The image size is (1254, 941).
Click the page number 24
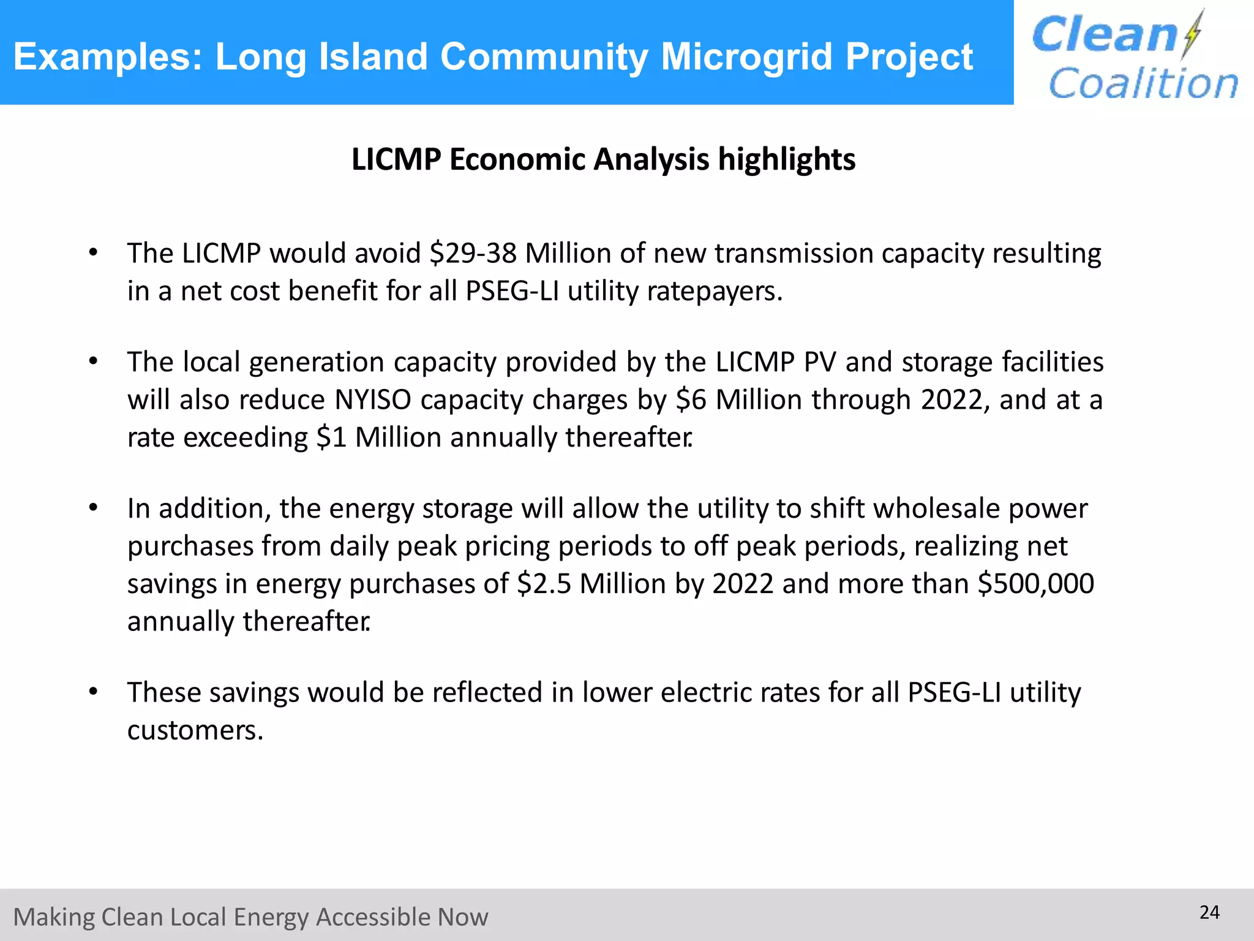[x=1209, y=913]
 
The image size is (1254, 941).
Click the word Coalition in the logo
[x=1143, y=83]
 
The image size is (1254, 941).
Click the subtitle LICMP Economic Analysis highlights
[x=603, y=159]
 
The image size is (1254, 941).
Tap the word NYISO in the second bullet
[x=373, y=400]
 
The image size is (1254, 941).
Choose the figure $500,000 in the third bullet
[x=1035, y=584]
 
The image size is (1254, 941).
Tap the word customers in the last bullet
[x=195, y=730]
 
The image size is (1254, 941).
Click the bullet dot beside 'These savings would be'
[x=93, y=692]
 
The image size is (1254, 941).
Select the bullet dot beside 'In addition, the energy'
[x=93, y=508]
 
